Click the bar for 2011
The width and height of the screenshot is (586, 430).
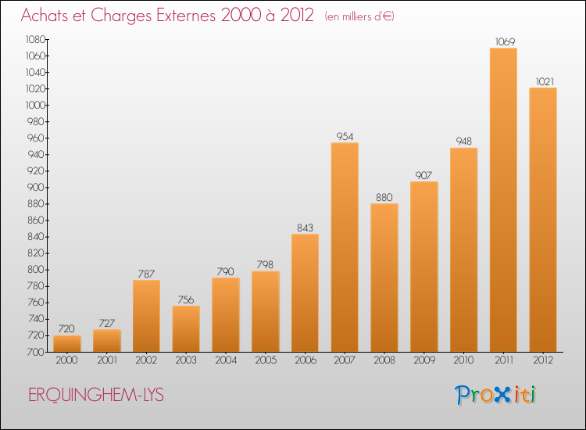(503, 199)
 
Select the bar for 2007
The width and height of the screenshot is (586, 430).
(345, 247)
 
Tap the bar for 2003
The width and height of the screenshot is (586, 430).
(186, 328)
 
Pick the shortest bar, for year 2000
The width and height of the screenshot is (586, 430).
(67, 344)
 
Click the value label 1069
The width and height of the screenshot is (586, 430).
(505, 41)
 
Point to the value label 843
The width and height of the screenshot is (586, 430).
(305, 228)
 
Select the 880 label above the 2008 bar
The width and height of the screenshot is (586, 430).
(384, 198)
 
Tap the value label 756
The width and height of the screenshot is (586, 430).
(186, 300)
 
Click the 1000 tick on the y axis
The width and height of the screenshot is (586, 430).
(35, 105)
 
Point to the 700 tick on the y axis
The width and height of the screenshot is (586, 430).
(36, 352)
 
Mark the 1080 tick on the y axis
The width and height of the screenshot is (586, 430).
(35, 39)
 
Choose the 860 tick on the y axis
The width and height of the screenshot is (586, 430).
(36, 220)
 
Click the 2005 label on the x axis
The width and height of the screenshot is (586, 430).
(266, 360)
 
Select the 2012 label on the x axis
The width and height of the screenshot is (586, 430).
(543, 360)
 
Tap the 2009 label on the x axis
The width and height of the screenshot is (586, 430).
(424, 360)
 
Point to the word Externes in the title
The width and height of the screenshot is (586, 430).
(186, 16)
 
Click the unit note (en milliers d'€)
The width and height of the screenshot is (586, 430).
(359, 16)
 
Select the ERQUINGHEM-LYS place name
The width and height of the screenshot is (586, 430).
(96, 396)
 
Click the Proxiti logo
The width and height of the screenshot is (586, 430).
(495, 395)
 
